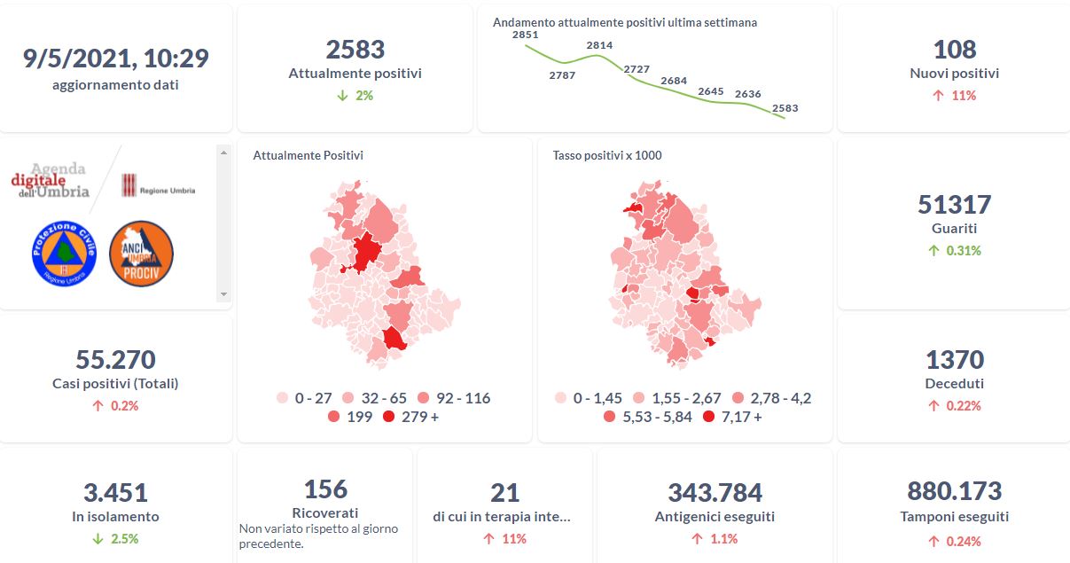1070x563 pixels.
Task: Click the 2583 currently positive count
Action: click(x=355, y=49)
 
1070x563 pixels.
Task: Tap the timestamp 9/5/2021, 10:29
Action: click(x=116, y=59)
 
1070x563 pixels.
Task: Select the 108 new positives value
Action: click(x=954, y=49)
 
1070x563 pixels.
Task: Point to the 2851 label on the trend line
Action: click(x=525, y=35)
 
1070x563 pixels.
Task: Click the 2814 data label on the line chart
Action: click(x=599, y=45)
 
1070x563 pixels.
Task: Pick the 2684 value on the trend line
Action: click(x=674, y=81)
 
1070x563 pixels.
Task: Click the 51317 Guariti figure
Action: click(x=954, y=204)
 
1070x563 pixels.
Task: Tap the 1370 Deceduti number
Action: click(x=954, y=360)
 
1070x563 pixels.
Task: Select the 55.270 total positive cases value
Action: click(x=116, y=360)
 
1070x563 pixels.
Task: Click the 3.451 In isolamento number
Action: click(x=116, y=492)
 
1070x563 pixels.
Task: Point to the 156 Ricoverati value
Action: click(x=325, y=489)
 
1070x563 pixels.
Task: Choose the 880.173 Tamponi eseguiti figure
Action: click(x=954, y=491)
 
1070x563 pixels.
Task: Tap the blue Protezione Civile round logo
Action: click(x=63, y=254)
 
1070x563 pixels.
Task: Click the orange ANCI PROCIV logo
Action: click(x=141, y=254)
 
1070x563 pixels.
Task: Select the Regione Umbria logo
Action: click(x=158, y=185)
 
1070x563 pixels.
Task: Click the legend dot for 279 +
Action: click(x=389, y=417)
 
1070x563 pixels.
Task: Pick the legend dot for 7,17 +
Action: click(x=708, y=417)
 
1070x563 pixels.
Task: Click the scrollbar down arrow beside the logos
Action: click(x=223, y=294)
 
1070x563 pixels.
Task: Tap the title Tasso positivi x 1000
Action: click(x=607, y=156)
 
